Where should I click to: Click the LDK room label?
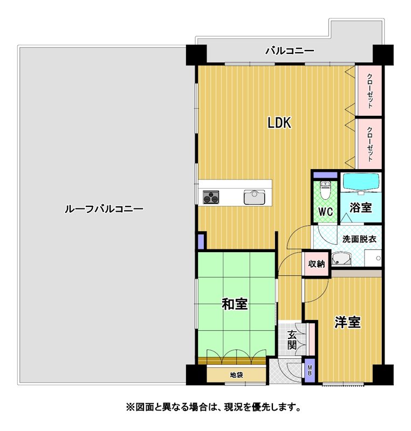point(279,123)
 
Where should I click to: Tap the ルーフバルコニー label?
point(104,209)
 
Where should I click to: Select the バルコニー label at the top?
point(290,51)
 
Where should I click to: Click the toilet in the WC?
point(325,190)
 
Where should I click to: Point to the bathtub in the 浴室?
point(361,182)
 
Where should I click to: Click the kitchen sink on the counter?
point(254,197)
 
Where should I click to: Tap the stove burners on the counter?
point(211,197)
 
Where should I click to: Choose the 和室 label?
point(235,304)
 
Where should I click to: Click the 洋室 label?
point(347,322)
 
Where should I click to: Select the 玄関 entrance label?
point(292,340)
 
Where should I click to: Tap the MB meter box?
point(310,370)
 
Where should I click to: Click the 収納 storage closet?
point(317,263)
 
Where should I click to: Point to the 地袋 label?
point(237,374)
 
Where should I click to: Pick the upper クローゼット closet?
point(368,91)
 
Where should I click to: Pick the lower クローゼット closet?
point(368,144)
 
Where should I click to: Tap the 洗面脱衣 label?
point(359,239)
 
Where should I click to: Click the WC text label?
point(325,212)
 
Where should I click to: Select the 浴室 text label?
point(361,207)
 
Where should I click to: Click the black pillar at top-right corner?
point(383,54)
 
